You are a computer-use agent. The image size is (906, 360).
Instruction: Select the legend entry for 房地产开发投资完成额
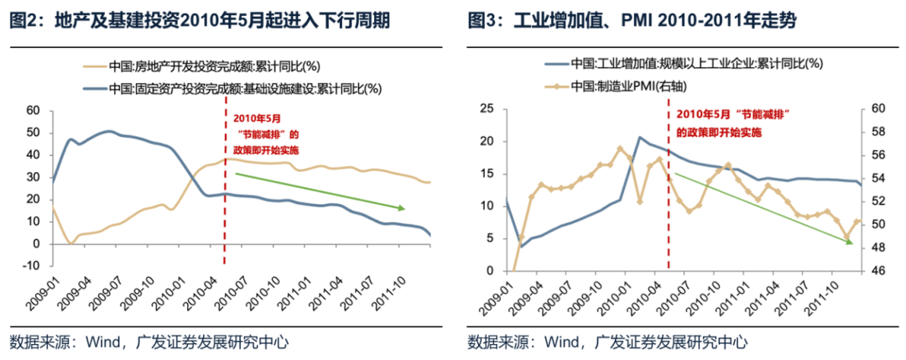click(218, 65)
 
